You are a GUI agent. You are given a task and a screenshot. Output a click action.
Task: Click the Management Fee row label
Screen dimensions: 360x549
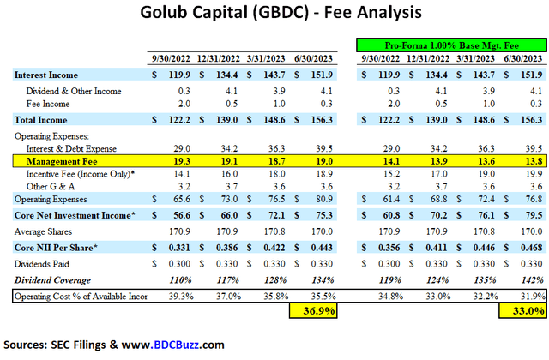click(51, 159)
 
